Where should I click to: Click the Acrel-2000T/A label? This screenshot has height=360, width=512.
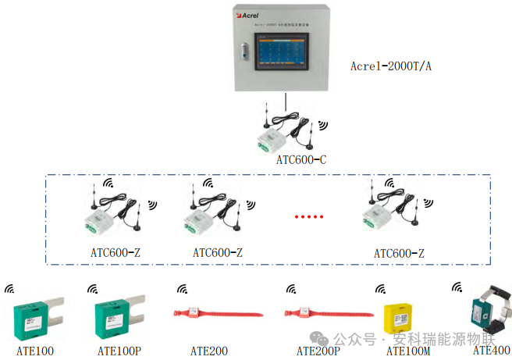click(390, 66)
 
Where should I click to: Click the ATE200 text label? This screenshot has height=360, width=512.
click(208, 351)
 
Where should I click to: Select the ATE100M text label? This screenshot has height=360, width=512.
click(403, 351)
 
